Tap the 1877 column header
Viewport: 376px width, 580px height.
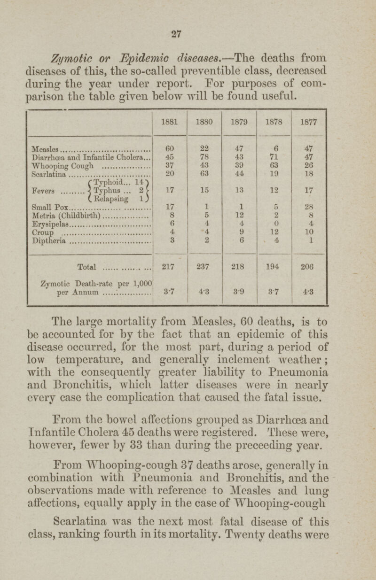point(308,121)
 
